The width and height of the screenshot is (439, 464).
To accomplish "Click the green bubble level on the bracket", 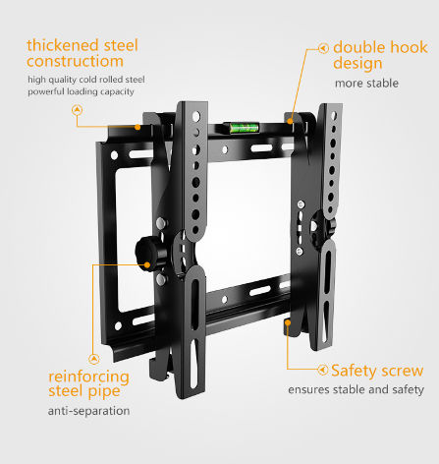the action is click(x=244, y=128).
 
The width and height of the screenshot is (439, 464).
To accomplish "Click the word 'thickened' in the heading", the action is click(x=63, y=45).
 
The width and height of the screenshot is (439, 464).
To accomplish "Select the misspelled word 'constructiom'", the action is click(x=75, y=61).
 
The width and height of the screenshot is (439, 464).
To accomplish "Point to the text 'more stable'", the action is click(x=366, y=84).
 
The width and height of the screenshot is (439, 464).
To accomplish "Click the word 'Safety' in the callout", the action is click(x=354, y=372).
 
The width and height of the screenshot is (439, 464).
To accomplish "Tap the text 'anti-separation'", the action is click(x=88, y=411).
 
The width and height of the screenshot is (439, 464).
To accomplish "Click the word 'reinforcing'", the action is click(x=88, y=377).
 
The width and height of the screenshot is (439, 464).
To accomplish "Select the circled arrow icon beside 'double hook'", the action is click(x=323, y=48).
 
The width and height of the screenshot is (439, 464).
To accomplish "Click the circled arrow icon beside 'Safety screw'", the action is click(x=323, y=370).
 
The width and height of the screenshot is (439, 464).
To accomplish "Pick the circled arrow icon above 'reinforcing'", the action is click(x=94, y=359).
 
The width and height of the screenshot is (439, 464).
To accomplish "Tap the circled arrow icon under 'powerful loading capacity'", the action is click(x=77, y=110).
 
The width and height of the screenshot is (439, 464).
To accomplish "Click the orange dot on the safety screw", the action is click(x=288, y=322).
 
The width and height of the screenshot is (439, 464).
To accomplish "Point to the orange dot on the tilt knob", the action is click(x=147, y=264).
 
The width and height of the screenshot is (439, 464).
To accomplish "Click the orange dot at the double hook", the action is click(x=290, y=121).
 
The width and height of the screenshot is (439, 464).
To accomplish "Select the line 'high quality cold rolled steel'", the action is click(x=86, y=80).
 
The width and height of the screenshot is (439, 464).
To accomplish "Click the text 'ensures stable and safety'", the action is click(x=357, y=389).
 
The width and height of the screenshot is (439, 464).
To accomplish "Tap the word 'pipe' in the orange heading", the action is click(x=103, y=392).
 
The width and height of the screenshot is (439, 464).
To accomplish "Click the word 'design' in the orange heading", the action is click(x=357, y=64).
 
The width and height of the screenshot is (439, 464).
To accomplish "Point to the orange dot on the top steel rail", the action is click(x=137, y=127).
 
